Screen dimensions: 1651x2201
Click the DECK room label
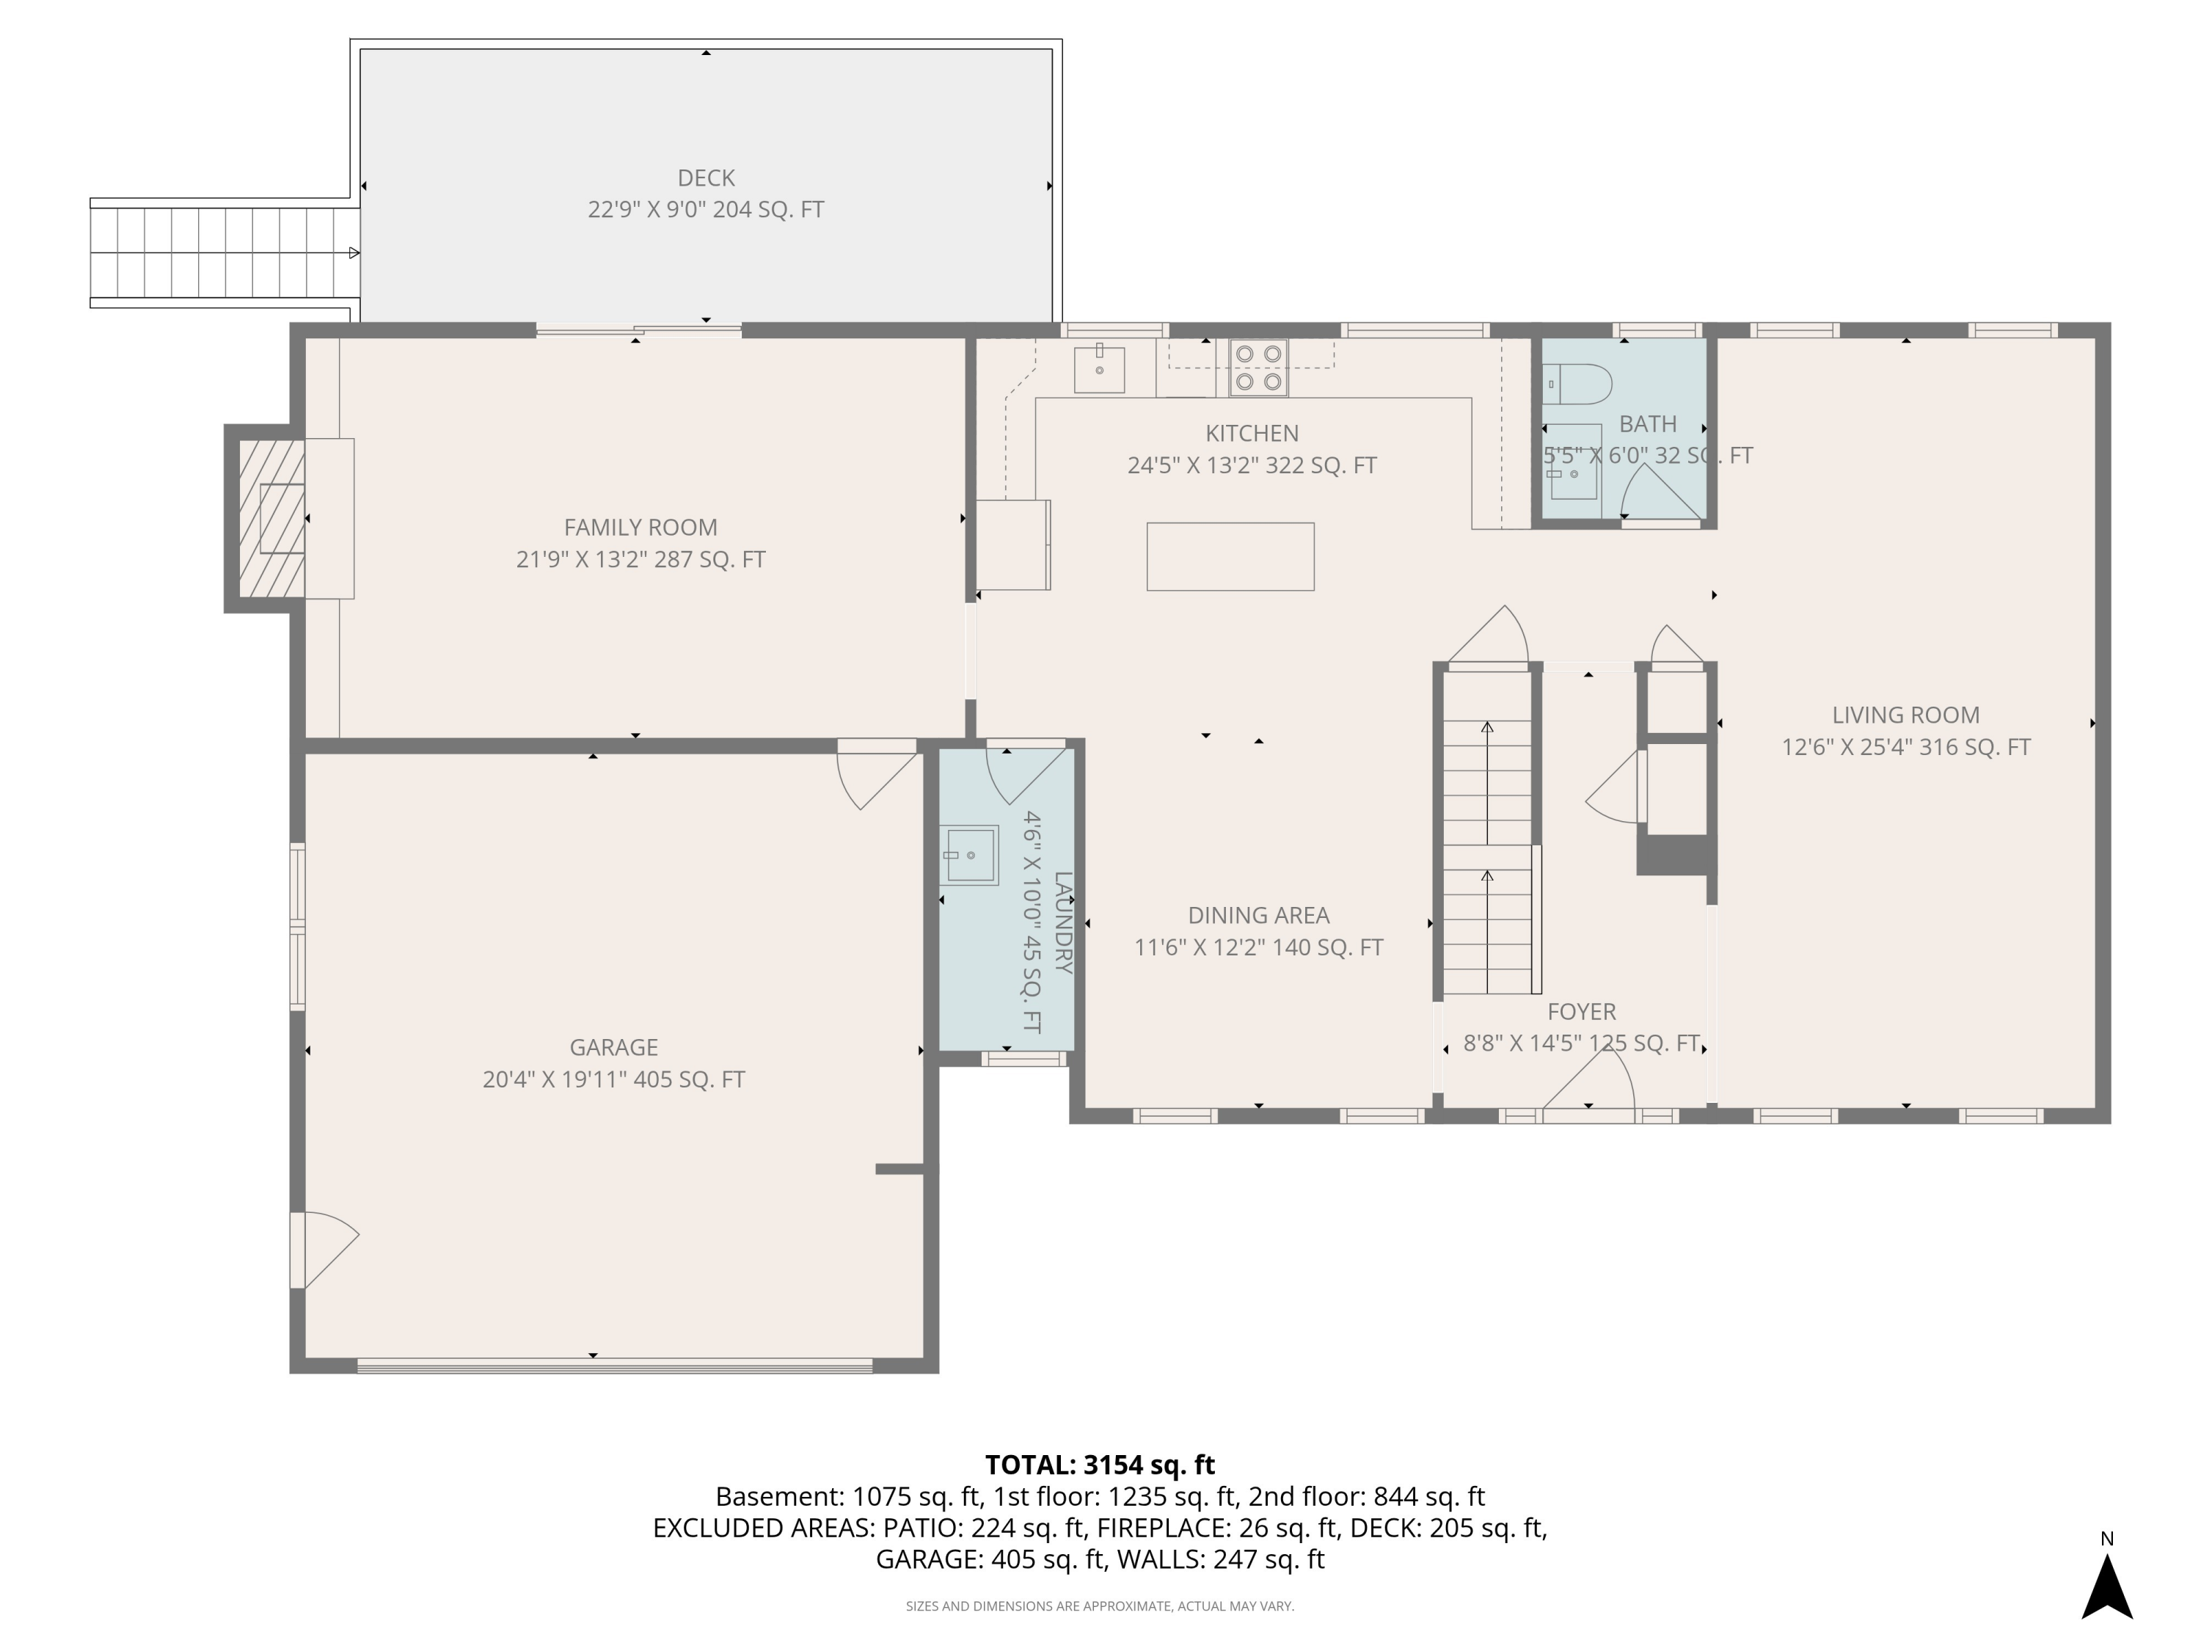click(706, 178)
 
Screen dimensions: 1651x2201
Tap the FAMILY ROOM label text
click(640, 528)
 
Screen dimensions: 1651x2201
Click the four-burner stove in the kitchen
click(1258, 367)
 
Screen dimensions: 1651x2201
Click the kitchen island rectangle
click(1230, 556)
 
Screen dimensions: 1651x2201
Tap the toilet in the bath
click(1577, 383)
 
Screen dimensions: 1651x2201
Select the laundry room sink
click(969, 855)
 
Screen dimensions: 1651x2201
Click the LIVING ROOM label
click(1905, 715)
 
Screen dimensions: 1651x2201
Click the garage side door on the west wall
click(324, 1249)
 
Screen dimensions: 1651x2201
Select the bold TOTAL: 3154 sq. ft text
click(1100, 1465)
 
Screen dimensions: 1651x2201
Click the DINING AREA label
click(1258, 914)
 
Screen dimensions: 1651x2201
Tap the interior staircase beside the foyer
click(1486, 856)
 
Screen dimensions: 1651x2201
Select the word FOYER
click(1581, 1011)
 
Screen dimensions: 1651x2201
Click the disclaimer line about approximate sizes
click(1100, 1606)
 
